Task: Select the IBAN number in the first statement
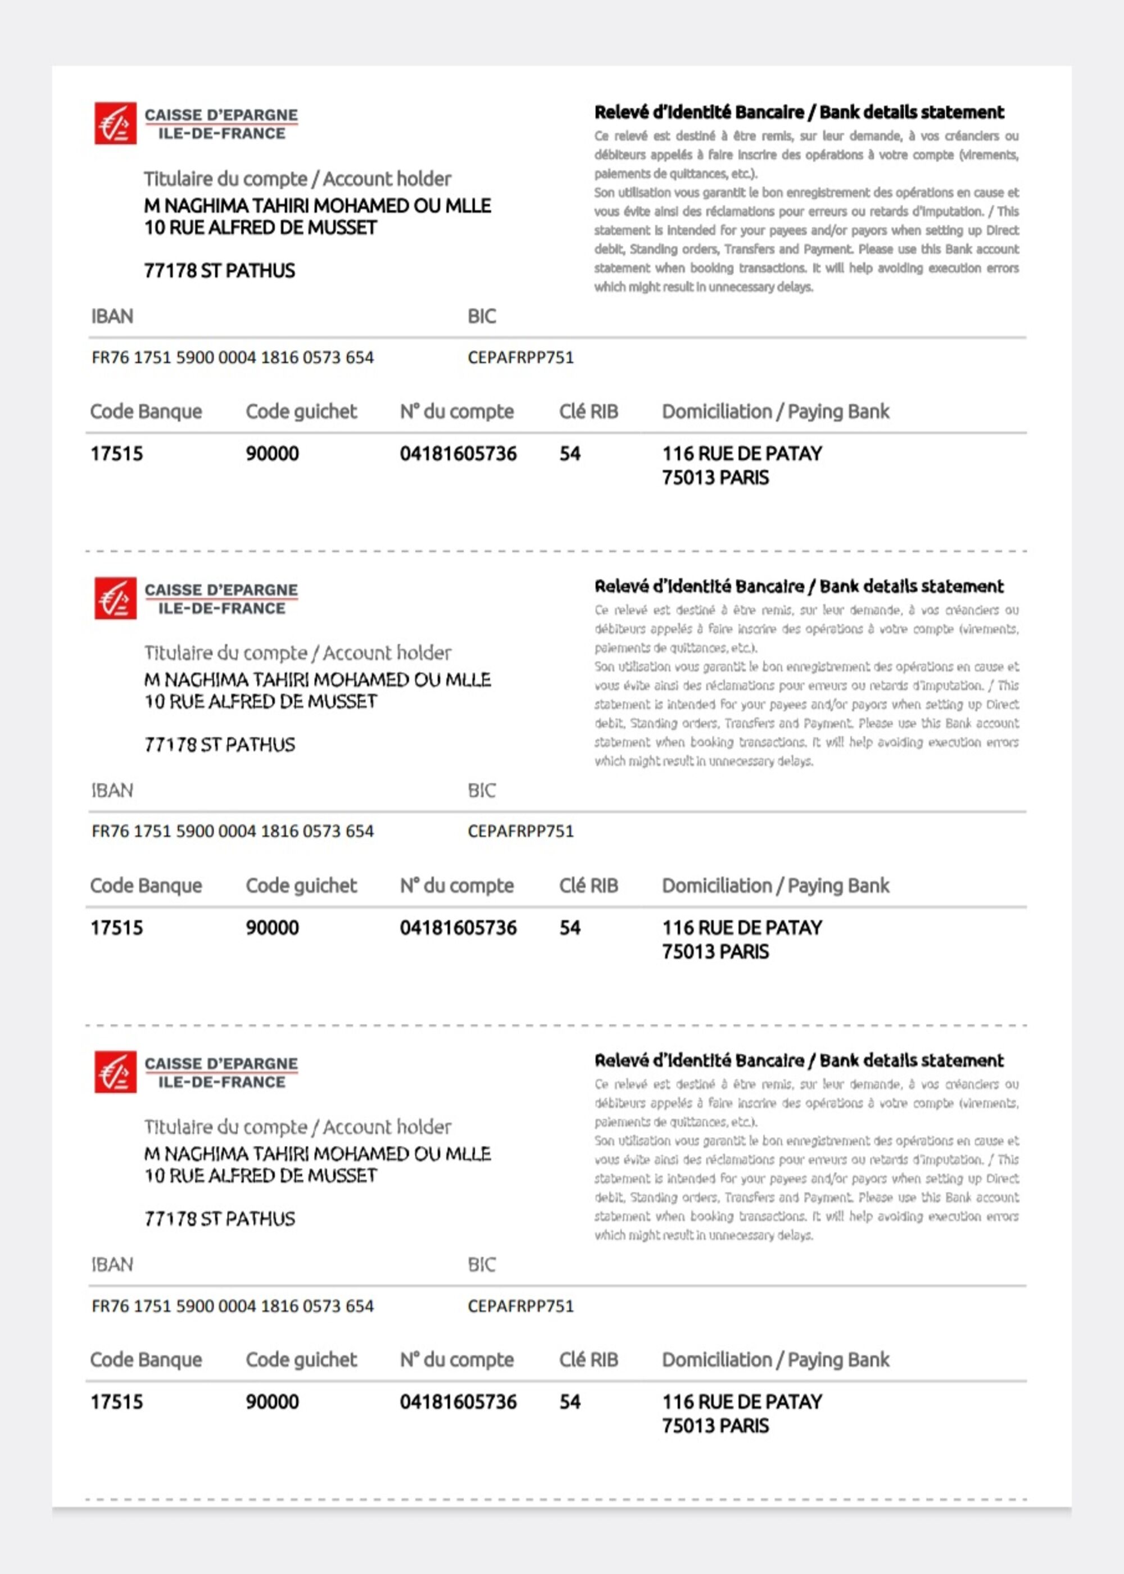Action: coord(233,358)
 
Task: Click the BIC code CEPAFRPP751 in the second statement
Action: coord(520,831)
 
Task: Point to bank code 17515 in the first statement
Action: coord(116,454)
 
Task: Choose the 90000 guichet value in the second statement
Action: coord(272,928)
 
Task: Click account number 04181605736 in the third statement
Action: coord(458,1401)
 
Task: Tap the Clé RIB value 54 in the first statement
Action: coord(570,454)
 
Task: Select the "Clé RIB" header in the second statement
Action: coord(588,886)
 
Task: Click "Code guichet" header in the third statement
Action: coord(301,1359)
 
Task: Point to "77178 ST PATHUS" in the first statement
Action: coord(219,270)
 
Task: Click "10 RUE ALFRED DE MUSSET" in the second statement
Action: coord(260,701)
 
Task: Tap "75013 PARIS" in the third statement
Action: coord(715,1426)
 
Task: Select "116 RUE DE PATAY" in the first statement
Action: coord(742,454)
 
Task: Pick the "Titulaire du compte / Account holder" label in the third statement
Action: coord(298,1127)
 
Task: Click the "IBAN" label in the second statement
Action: coord(112,790)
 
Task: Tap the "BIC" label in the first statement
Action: coord(482,316)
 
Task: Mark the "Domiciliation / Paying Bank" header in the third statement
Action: coord(775,1359)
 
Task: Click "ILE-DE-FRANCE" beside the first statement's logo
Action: coord(221,134)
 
